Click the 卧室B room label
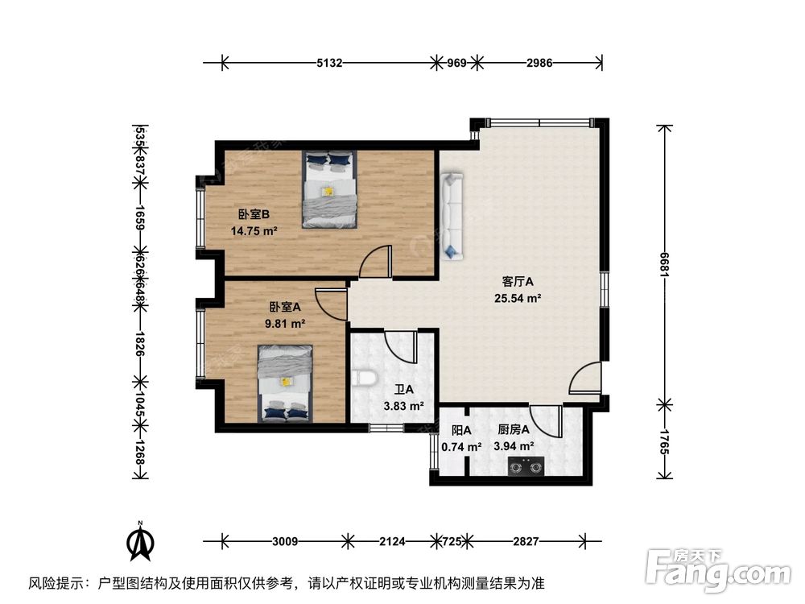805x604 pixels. pos(253,214)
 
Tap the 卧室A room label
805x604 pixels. pos(285,307)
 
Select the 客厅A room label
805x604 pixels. pos(518,282)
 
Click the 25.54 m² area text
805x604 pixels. pos(518,298)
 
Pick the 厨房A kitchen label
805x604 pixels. pos(513,430)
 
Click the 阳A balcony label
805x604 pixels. pos(461,430)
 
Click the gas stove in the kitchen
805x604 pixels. pos(524,465)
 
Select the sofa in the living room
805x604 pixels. pos(451,216)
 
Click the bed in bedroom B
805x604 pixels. pos(329,190)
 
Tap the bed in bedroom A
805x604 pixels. pos(285,383)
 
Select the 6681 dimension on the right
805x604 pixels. pos(665,265)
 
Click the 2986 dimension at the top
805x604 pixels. pos(539,63)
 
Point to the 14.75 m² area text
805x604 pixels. pos(254,230)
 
